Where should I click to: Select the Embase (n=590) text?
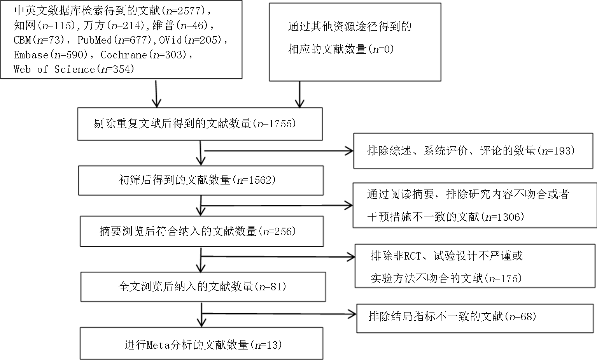51,55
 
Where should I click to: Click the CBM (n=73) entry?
39,40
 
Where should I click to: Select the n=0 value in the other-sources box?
383,49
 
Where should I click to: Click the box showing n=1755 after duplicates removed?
200,124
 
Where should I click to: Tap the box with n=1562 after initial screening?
201,181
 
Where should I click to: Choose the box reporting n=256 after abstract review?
202,232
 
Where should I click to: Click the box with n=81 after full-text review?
203,287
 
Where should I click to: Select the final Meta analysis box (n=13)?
201,344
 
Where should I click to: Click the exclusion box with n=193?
473,151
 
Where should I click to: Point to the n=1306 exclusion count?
505,217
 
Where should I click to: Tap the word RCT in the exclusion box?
412,256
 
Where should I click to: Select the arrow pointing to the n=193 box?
279,151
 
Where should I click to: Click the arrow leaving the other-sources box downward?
300,95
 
